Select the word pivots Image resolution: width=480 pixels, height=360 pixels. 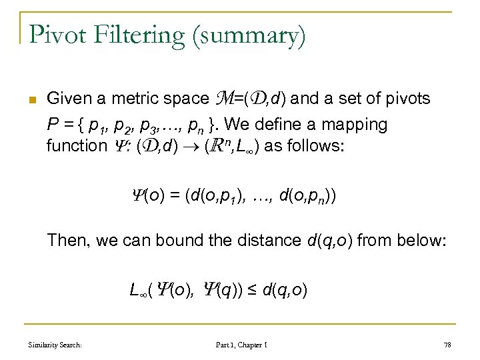click(x=407, y=99)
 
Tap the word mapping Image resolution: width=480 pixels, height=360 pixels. click(x=361, y=125)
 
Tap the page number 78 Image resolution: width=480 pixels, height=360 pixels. click(x=447, y=344)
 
